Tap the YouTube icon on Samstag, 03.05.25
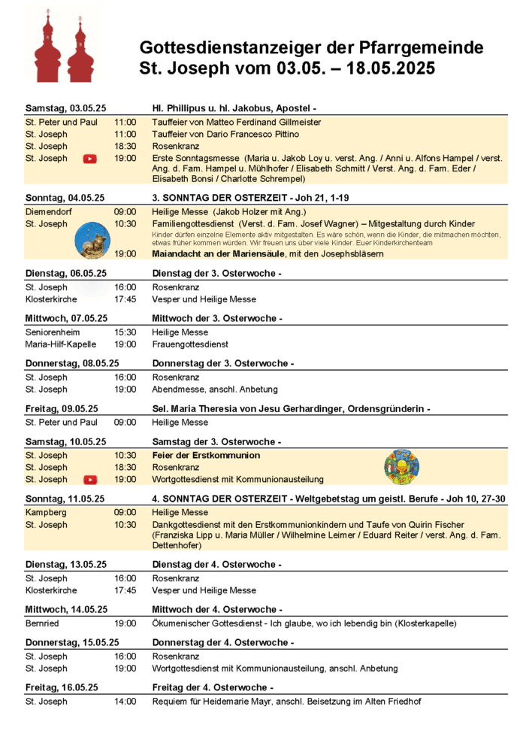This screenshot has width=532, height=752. (90, 159)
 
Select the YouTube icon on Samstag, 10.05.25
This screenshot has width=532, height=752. (90, 480)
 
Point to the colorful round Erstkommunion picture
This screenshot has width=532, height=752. (401, 467)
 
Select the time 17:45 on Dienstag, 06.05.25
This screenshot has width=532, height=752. (125, 299)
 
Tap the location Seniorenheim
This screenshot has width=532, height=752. (53, 332)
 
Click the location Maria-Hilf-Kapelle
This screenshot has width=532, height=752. (61, 344)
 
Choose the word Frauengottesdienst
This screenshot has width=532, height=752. (191, 344)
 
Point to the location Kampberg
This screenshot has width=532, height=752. (46, 513)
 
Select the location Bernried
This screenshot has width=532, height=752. (43, 623)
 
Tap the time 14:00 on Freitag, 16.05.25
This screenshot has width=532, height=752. (125, 702)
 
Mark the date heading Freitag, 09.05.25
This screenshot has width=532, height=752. (62, 408)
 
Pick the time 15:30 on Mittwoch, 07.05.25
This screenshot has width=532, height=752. (125, 332)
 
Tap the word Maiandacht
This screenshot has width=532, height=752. (177, 254)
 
